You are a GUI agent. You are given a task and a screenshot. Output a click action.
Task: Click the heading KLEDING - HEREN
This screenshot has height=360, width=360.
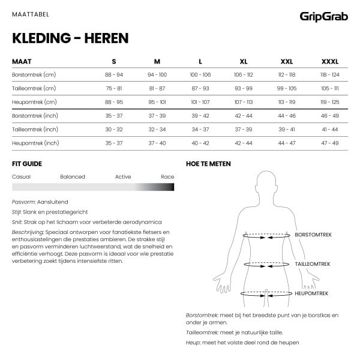click(70, 39)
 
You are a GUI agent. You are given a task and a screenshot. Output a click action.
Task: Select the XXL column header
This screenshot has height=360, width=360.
click(287, 62)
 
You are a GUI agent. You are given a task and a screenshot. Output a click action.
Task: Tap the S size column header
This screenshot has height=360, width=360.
click(114, 62)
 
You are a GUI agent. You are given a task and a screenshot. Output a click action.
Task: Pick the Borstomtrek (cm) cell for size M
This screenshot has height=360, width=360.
click(157, 74)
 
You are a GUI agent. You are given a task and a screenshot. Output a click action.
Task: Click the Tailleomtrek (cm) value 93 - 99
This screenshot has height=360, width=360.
click(244, 88)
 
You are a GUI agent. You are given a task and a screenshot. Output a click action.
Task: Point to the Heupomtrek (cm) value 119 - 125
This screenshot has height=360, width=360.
click(330, 102)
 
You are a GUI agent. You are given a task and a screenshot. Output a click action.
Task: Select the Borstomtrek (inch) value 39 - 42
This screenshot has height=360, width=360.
click(200, 116)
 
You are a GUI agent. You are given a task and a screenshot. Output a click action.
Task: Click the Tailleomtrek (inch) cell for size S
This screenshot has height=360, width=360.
click(114, 130)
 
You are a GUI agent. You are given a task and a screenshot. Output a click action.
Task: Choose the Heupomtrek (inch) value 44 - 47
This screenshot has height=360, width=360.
click(287, 143)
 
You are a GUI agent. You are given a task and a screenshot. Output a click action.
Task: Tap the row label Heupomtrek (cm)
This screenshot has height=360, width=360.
click(34, 102)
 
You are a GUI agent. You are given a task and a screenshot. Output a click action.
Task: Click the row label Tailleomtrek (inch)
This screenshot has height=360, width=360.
click(35, 130)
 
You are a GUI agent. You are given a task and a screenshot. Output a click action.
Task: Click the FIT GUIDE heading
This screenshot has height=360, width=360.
click(27, 164)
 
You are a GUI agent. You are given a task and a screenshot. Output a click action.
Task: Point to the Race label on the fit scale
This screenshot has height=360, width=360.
click(167, 177)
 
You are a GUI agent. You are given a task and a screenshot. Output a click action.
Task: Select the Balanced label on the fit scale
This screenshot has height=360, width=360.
click(73, 177)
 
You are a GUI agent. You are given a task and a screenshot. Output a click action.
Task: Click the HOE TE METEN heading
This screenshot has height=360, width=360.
click(208, 164)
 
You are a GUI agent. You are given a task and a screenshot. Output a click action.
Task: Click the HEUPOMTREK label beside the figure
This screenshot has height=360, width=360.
click(313, 293)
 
